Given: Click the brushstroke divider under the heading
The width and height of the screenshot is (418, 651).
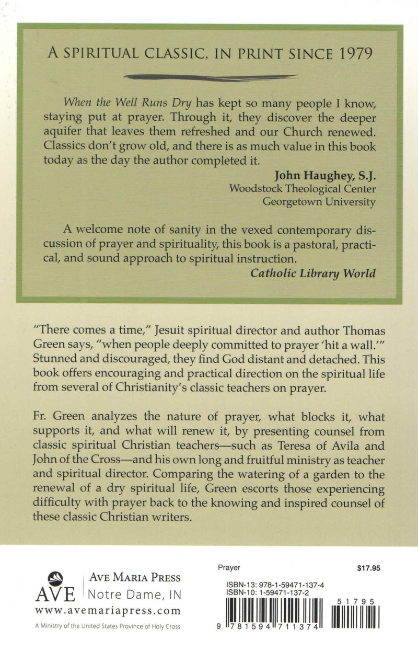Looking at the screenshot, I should pyautogui.click(x=209, y=76).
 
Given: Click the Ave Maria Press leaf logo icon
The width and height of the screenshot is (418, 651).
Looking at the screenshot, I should pyautogui.click(x=55, y=578).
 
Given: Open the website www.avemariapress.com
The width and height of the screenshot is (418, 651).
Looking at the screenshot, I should pyautogui.click(x=108, y=611).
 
